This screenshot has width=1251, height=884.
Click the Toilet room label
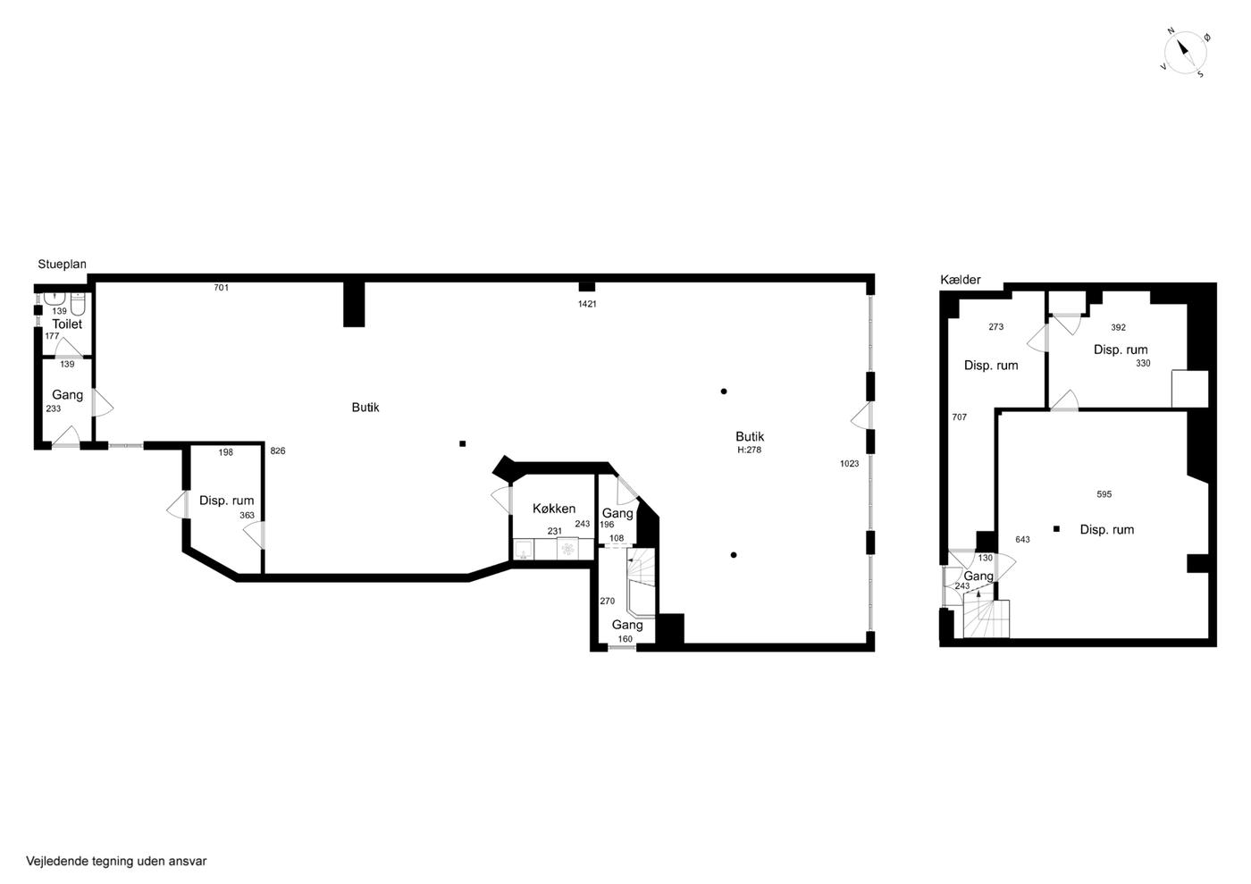click(x=67, y=324)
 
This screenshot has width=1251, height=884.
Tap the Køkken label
click(x=553, y=509)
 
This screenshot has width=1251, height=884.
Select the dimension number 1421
click(x=587, y=304)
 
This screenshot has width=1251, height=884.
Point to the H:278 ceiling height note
click(x=749, y=450)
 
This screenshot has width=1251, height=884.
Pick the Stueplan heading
click(x=62, y=265)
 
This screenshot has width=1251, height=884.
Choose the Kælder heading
click(x=960, y=280)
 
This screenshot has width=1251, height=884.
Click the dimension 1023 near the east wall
click(x=849, y=463)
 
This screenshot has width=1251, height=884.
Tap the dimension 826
click(x=278, y=451)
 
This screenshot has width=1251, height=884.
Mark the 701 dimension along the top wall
click(x=222, y=288)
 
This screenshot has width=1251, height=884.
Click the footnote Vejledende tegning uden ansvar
click(x=116, y=861)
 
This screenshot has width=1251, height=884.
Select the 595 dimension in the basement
click(x=1104, y=494)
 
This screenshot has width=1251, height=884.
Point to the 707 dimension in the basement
click(x=959, y=417)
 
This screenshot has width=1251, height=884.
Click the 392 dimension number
click(x=1118, y=327)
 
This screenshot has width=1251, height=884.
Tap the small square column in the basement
click(x=1056, y=528)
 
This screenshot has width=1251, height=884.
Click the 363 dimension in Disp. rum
click(x=247, y=515)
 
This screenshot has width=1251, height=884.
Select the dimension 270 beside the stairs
click(x=607, y=602)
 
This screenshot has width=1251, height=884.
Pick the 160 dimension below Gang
click(x=625, y=639)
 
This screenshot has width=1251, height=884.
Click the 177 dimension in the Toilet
click(x=52, y=336)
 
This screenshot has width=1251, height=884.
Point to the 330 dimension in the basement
click(x=1143, y=363)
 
